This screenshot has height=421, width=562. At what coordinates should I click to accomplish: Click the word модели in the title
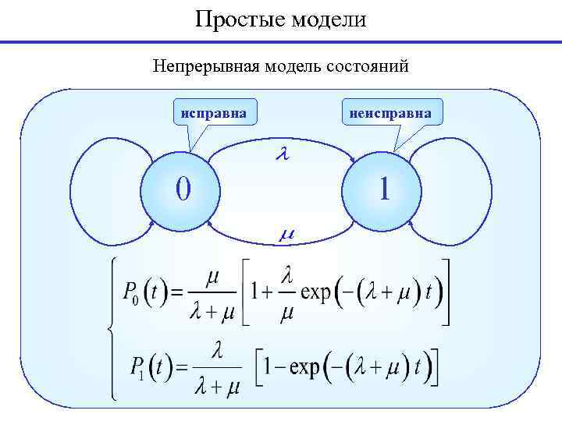pos(329,19)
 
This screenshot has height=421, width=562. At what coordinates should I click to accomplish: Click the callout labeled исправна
pos(214,113)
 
